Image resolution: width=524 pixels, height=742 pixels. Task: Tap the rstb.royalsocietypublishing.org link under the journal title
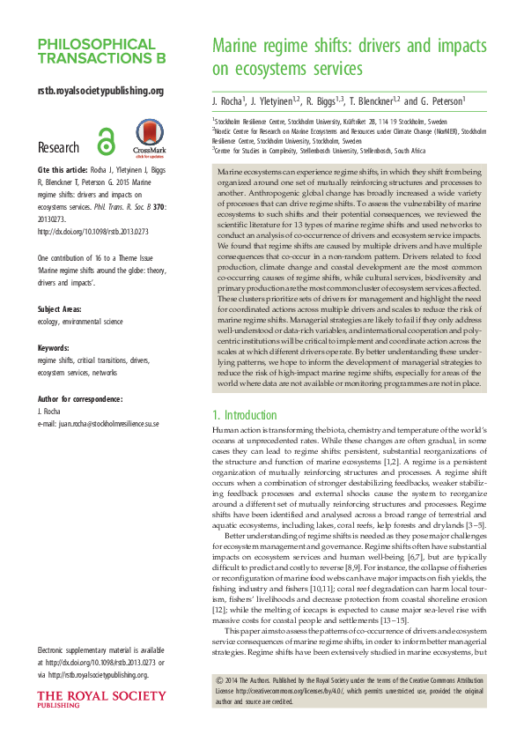(x=100, y=90)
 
